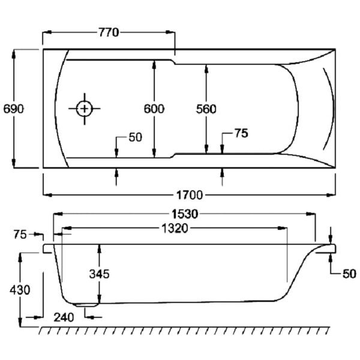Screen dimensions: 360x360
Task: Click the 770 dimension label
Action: [x=109, y=32]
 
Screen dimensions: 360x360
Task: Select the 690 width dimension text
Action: [x=13, y=109]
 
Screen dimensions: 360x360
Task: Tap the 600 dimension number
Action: [x=154, y=109]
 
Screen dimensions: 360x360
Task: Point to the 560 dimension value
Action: [x=206, y=109]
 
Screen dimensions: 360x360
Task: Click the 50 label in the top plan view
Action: [x=135, y=137]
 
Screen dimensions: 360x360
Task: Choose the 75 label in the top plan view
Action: [x=240, y=134]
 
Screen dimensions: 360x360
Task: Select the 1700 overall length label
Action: [x=190, y=195]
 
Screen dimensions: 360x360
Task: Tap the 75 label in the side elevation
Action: [x=20, y=235]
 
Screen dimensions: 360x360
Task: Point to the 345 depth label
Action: [x=99, y=274]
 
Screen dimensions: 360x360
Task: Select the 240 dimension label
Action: [x=64, y=317]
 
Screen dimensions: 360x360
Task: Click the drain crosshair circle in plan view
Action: [x=85, y=109]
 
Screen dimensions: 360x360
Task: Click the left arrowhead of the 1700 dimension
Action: [x=46, y=195]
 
